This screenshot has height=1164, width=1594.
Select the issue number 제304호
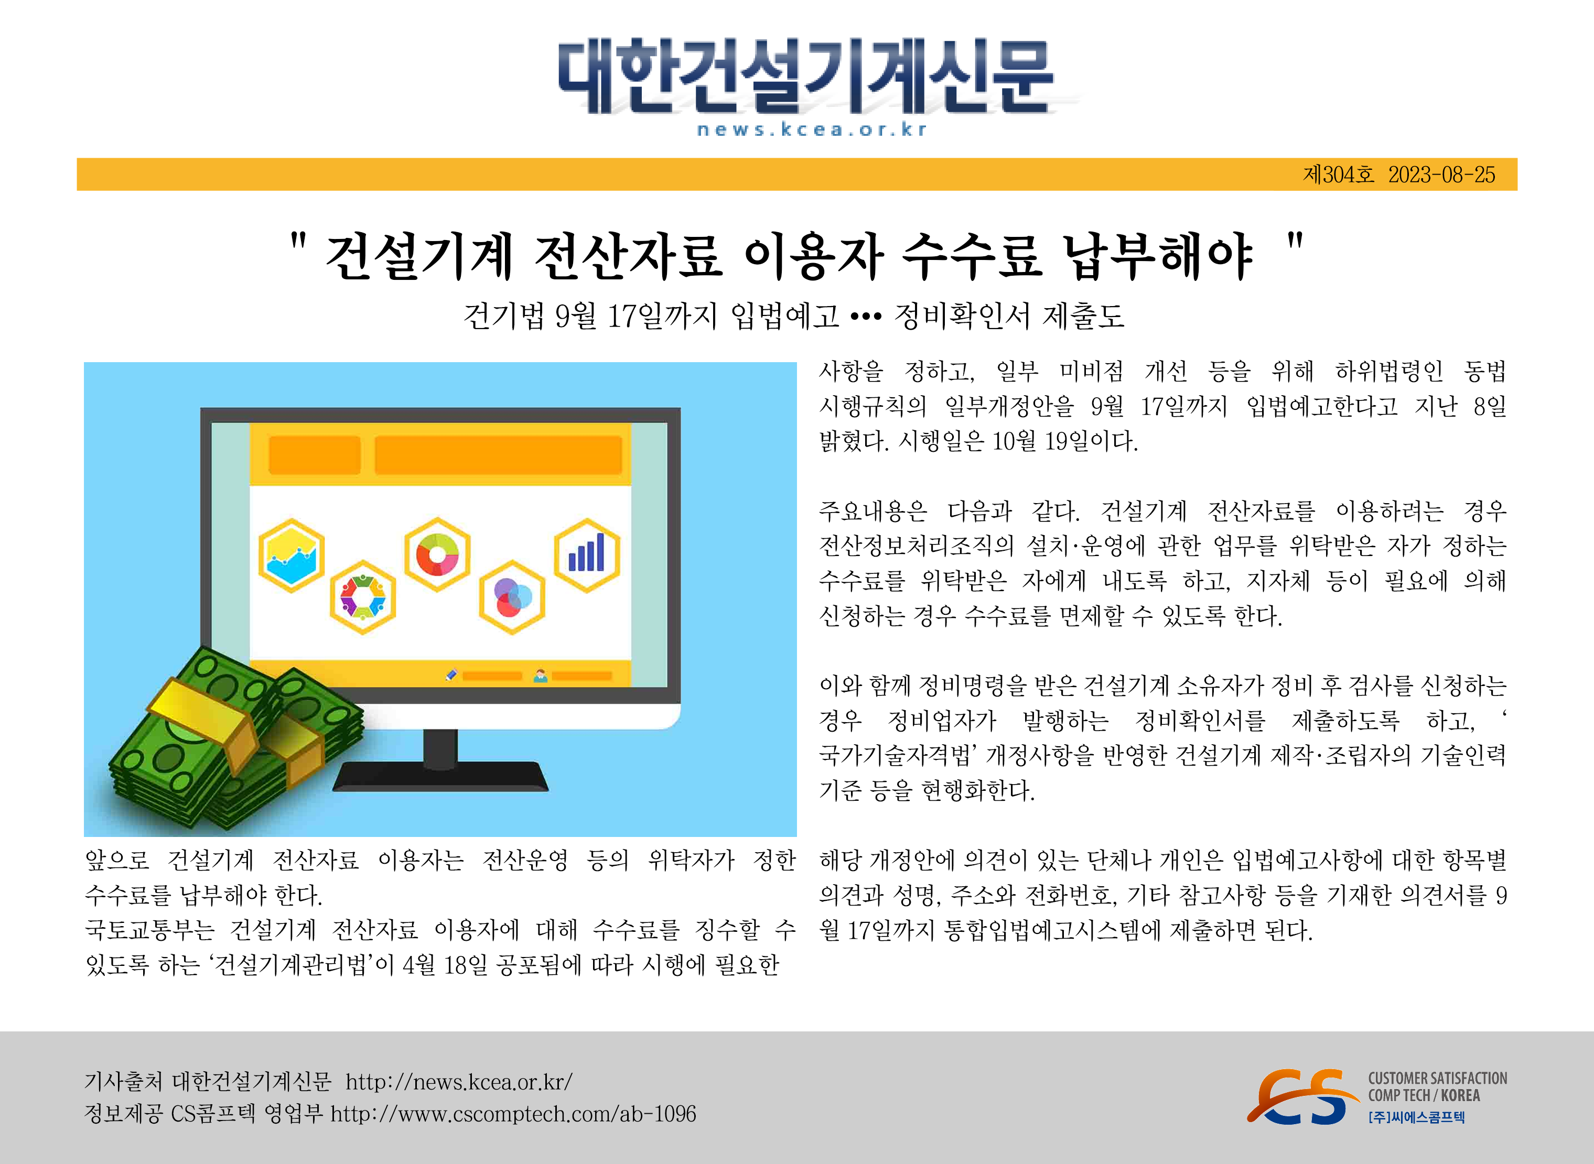1339,175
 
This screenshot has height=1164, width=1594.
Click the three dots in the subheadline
866,317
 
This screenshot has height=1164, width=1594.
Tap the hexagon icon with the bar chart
587,555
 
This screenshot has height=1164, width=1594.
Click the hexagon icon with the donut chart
437,554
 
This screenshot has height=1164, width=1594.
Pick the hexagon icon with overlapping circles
512,597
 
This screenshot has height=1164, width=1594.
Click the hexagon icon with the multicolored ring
363,597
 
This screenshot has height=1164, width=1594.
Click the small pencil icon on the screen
452,675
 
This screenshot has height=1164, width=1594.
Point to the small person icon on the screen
541,676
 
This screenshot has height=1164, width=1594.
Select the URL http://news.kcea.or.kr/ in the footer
459,1082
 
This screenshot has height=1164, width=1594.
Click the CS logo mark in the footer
1301,1096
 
